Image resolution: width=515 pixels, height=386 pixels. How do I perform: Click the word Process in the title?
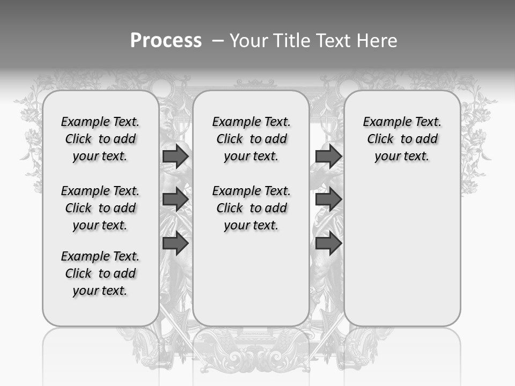pyautogui.click(x=166, y=40)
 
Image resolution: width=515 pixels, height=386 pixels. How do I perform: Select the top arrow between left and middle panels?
pyautogui.click(x=175, y=157)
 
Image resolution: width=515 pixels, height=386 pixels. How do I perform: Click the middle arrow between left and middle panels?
pyautogui.click(x=175, y=200)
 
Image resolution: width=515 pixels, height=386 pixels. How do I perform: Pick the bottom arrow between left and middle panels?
pyautogui.click(x=175, y=243)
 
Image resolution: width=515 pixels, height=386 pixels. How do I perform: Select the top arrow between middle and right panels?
pyautogui.click(x=328, y=157)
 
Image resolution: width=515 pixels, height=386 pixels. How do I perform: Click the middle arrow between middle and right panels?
pyautogui.click(x=328, y=200)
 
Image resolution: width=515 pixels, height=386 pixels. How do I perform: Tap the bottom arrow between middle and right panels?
pyautogui.click(x=328, y=243)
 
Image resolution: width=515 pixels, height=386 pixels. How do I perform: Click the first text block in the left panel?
pyautogui.click(x=100, y=139)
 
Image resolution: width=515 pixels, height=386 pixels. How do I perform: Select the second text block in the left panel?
pyautogui.click(x=100, y=208)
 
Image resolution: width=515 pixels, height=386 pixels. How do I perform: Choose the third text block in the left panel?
pyautogui.click(x=100, y=273)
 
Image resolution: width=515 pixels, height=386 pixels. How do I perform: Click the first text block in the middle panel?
pyautogui.click(x=251, y=139)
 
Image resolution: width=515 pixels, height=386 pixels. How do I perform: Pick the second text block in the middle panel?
pyautogui.click(x=251, y=208)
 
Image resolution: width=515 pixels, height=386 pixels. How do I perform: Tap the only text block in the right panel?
pyautogui.click(x=402, y=139)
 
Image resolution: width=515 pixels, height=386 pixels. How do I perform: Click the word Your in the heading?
pyautogui.click(x=251, y=40)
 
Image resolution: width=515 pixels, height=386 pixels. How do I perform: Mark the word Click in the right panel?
pyautogui.click(x=380, y=139)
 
